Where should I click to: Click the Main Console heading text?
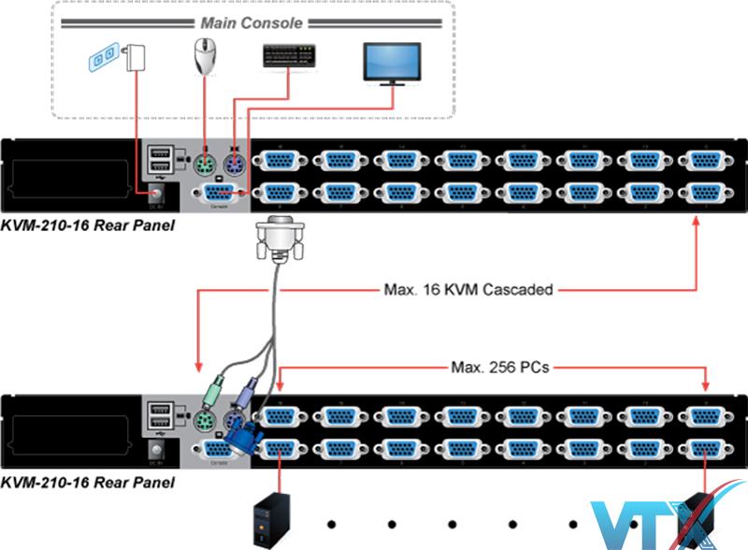tap(252, 22)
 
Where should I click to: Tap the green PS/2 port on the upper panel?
tap(207, 165)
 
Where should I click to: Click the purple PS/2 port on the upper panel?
tap(234, 165)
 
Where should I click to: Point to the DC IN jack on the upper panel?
tap(155, 193)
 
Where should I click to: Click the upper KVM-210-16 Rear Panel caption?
tap(87, 226)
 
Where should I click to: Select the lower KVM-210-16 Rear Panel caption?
tap(87, 483)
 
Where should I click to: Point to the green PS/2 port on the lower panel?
tap(207, 420)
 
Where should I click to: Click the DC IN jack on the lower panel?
tap(155, 450)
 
